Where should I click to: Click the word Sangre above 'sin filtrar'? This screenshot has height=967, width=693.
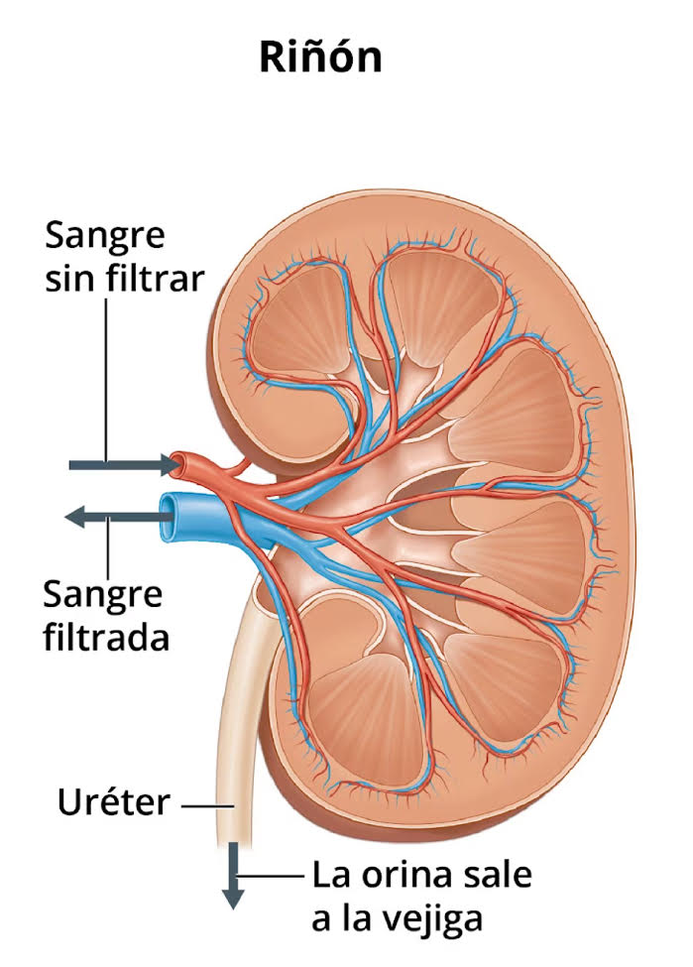click(x=104, y=238)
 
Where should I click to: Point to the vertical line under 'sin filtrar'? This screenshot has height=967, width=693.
click(x=104, y=377)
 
